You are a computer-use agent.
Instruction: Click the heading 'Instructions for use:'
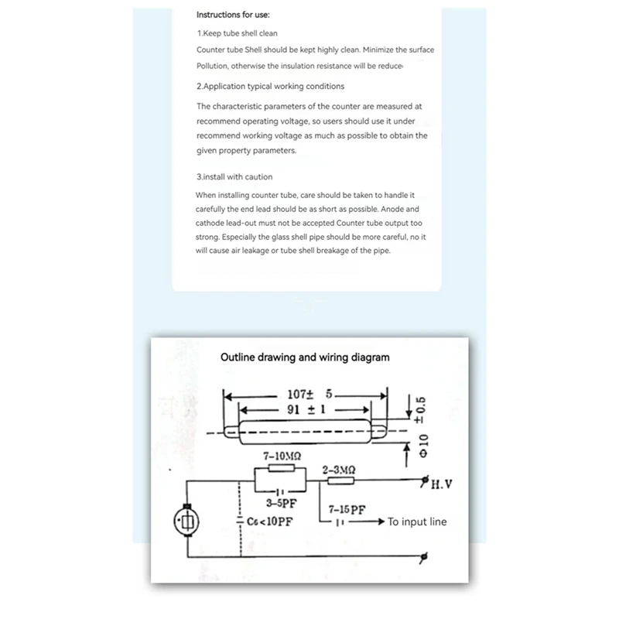coord(233,15)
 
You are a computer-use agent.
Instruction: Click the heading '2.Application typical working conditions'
coord(270,86)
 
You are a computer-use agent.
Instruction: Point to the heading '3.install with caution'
coord(234,176)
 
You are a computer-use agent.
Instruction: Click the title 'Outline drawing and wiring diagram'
coord(305,357)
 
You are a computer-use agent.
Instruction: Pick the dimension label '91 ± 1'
coord(303,410)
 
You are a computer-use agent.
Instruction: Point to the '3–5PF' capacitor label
coord(275,502)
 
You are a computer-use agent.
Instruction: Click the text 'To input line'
coord(417,522)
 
